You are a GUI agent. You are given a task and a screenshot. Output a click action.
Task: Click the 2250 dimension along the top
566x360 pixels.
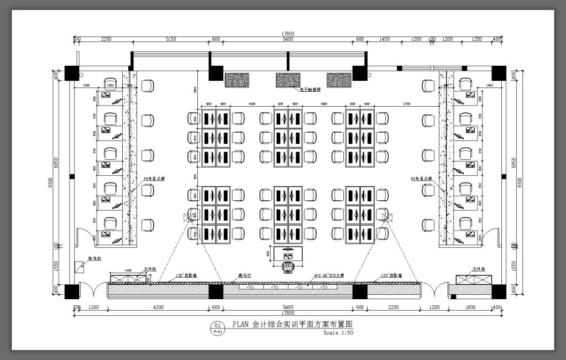[106, 39]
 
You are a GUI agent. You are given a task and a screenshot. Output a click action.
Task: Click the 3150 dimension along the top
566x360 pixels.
[171, 39]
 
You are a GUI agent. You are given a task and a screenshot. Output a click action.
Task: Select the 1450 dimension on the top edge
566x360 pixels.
[385, 39]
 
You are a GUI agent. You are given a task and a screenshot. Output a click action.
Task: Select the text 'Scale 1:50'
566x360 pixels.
[339, 333]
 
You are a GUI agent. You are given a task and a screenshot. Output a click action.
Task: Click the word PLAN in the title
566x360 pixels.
[241, 325]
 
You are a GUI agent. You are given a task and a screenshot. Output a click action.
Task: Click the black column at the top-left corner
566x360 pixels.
[72, 72]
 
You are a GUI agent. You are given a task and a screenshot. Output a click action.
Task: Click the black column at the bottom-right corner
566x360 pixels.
[499, 291]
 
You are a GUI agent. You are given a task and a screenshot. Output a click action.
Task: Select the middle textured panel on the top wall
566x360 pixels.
[288, 80]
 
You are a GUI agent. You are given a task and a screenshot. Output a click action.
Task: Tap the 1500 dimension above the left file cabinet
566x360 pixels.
[128, 270]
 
